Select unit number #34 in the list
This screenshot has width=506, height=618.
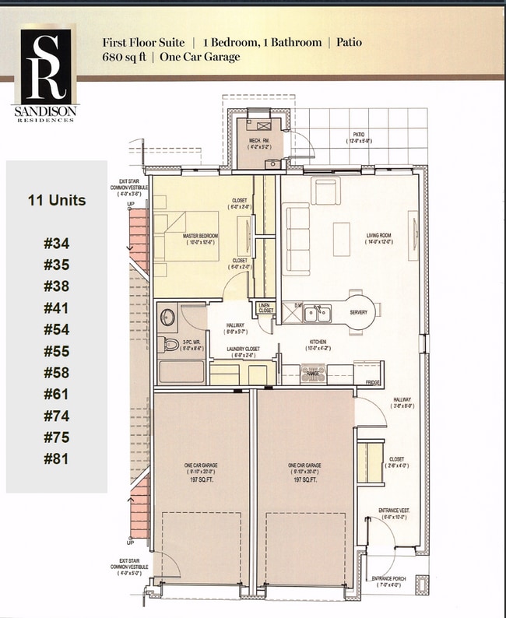pos(56,244)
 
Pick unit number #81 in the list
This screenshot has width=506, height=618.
pos(56,458)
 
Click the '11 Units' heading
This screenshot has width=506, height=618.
pos(56,200)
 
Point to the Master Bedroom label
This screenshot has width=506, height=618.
pos(201,236)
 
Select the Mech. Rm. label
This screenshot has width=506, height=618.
pos(258,142)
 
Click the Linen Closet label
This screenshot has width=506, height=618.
pos(266,308)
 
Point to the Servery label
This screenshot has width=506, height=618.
pos(359,312)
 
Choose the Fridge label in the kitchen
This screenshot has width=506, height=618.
pos(374,381)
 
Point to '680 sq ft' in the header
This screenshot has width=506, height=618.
pos(125,57)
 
